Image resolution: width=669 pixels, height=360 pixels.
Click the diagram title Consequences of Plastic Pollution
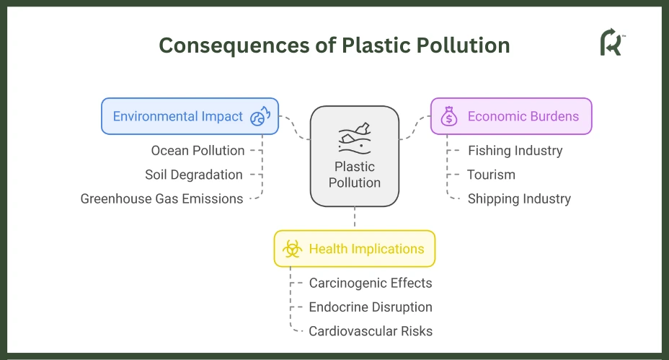click(x=334, y=45)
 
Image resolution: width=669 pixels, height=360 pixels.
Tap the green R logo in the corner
click(x=612, y=42)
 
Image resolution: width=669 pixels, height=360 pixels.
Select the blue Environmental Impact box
click(x=190, y=116)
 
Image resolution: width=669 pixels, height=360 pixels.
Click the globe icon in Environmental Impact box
click(x=260, y=116)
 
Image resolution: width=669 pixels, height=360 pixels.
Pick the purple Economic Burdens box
click(x=511, y=116)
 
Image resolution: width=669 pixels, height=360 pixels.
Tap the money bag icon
click(x=449, y=116)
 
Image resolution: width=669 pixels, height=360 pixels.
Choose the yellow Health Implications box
click(x=355, y=249)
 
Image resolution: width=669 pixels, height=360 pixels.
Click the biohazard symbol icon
click(x=292, y=249)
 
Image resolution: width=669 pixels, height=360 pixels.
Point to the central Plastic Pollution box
click(x=355, y=157)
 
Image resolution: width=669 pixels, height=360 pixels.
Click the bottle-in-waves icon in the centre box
click(x=355, y=139)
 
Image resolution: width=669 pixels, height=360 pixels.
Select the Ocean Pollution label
click(x=198, y=151)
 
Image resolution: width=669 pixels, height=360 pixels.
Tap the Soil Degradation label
click(x=194, y=175)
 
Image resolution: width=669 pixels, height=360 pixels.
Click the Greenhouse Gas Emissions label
click(x=161, y=199)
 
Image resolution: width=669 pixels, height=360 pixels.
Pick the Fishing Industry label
click(x=515, y=151)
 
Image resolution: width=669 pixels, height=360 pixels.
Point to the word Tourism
click(x=491, y=175)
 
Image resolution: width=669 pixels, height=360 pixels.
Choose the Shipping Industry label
click(x=519, y=199)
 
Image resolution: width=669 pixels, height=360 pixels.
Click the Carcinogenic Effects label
click(x=371, y=283)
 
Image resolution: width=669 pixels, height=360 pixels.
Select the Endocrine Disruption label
click(x=371, y=307)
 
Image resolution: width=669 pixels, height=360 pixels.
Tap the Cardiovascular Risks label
click(x=371, y=331)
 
